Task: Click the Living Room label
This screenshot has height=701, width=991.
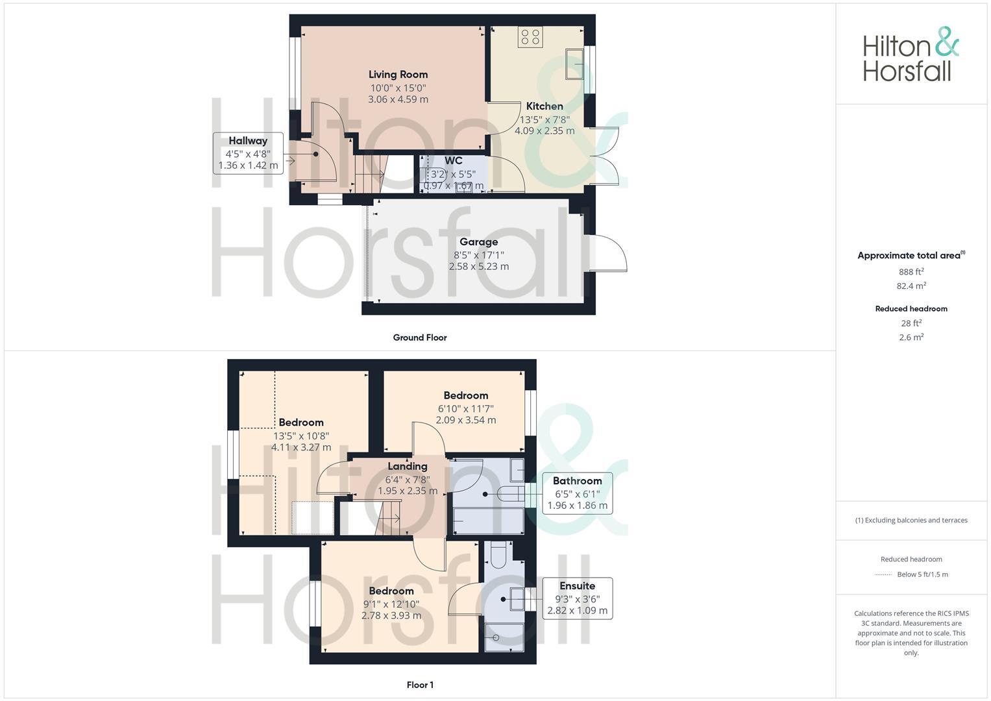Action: tap(398, 75)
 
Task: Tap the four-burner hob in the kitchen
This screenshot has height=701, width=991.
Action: tap(530, 37)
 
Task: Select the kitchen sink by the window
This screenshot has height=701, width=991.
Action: tap(574, 64)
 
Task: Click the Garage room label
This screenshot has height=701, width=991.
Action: tap(478, 242)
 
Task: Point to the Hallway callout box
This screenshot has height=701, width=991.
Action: tap(248, 153)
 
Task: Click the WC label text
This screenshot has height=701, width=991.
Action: tap(454, 161)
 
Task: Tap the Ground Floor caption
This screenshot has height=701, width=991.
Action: tap(419, 338)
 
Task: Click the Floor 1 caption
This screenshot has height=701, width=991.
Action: tap(420, 685)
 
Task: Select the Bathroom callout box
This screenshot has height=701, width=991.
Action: tap(577, 493)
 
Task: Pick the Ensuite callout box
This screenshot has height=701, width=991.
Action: tap(577, 598)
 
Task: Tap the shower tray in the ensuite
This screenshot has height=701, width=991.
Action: tap(504, 637)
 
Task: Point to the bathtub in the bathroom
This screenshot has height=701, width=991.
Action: tap(487, 521)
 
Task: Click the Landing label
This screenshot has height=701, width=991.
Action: tap(408, 466)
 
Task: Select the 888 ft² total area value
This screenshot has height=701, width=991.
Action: tap(911, 272)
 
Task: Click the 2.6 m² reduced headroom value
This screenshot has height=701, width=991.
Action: tap(911, 337)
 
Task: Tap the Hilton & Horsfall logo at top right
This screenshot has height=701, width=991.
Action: tap(911, 55)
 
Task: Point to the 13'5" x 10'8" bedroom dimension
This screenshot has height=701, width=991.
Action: tap(300, 436)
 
